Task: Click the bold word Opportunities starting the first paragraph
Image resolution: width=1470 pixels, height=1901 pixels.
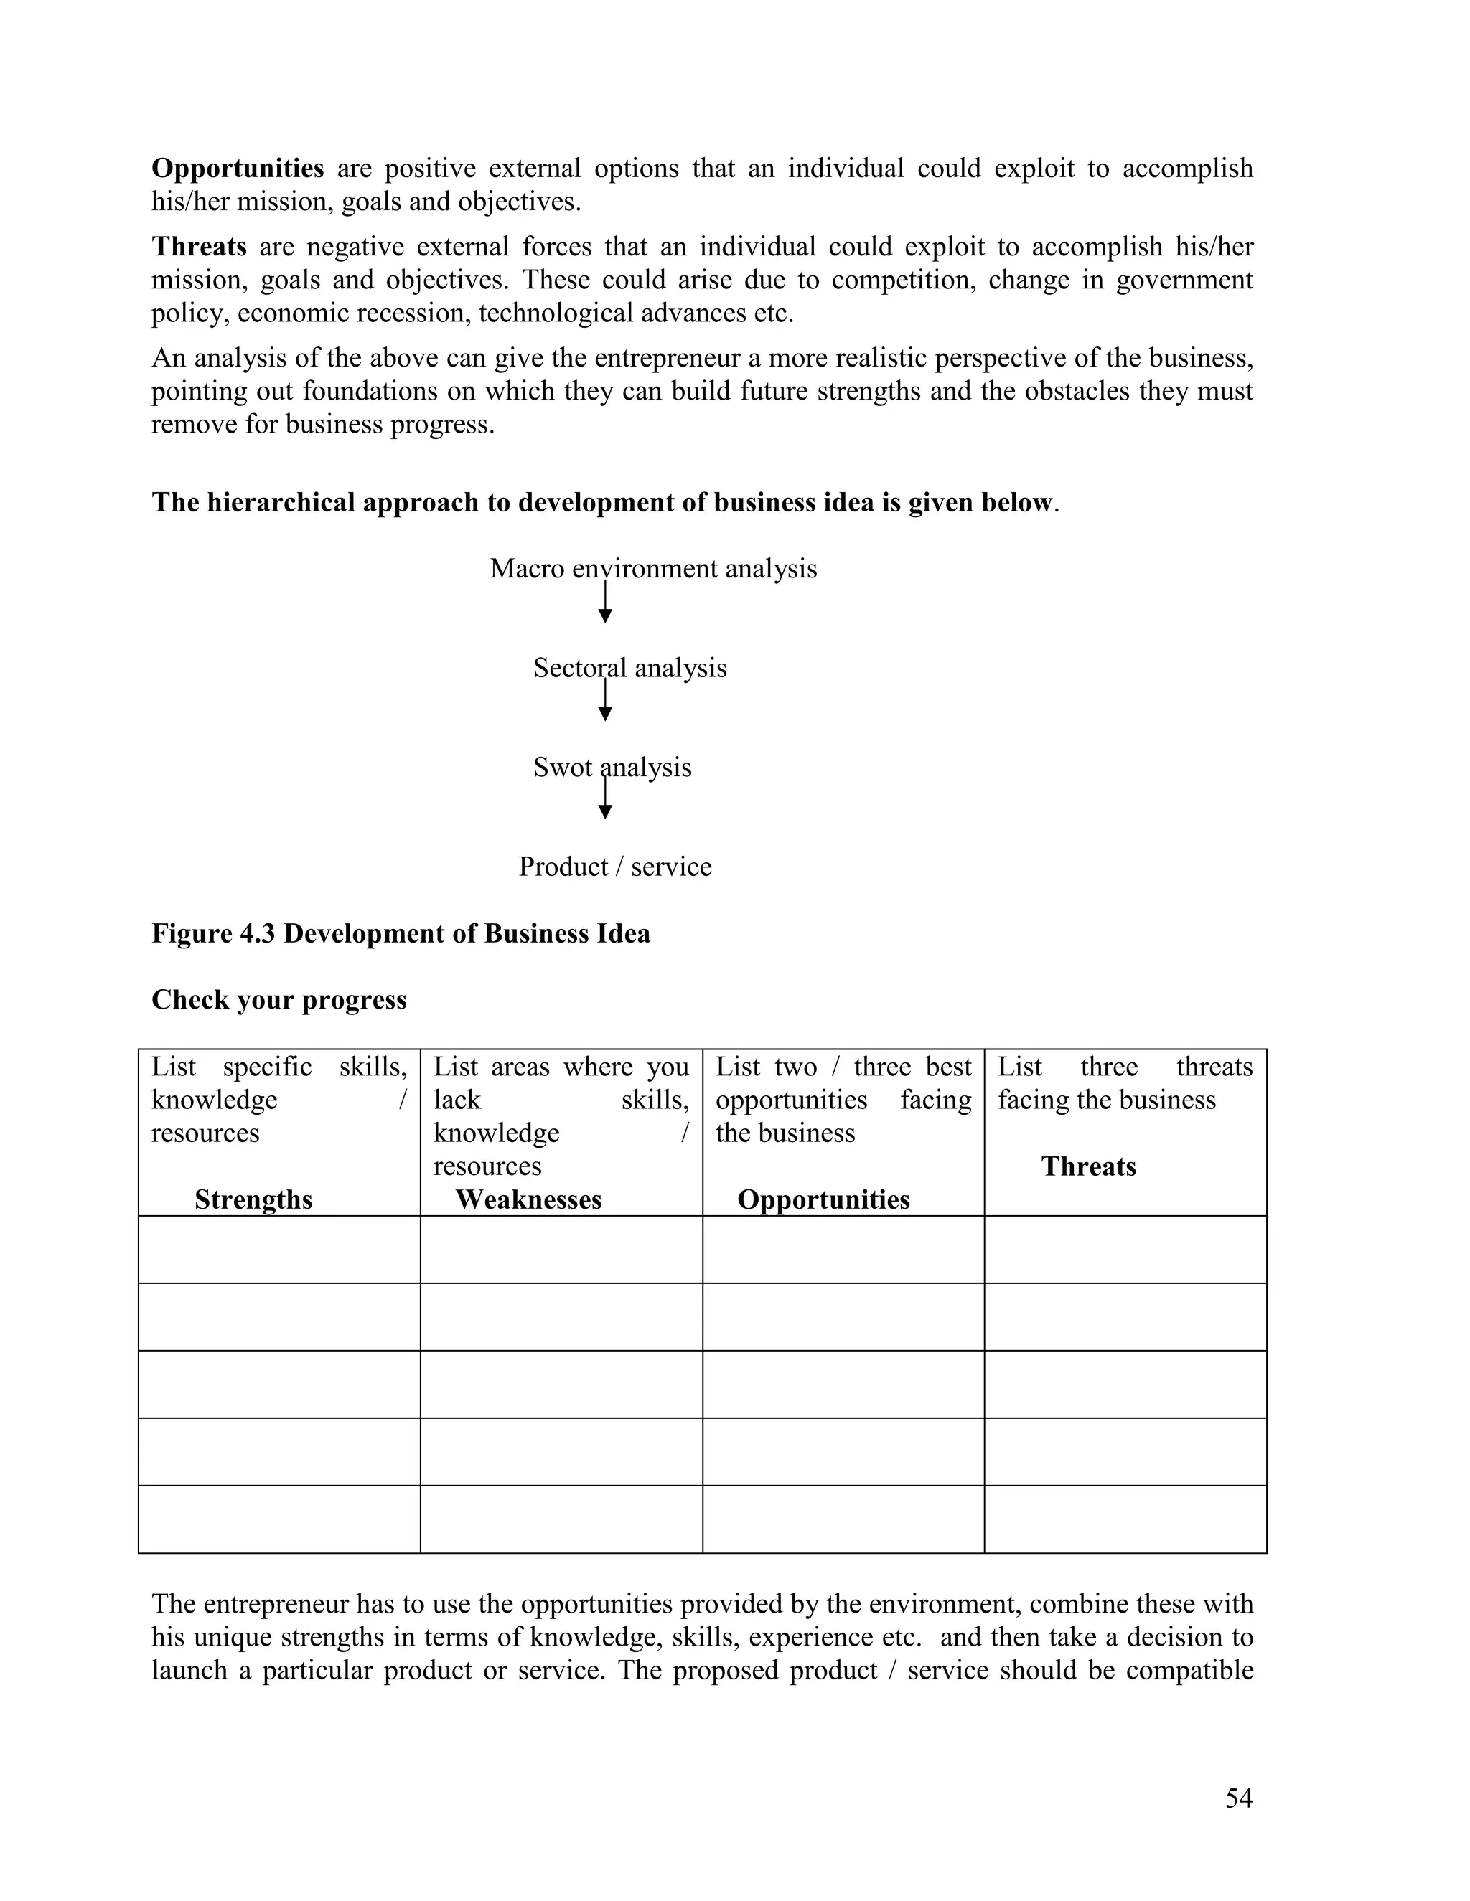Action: (x=238, y=168)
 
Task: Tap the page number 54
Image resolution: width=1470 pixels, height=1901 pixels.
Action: (x=1238, y=1798)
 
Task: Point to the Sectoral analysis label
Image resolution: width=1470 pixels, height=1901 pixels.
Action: (x=629, y=668)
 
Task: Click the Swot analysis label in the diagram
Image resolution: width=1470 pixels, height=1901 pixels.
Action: (x=612, y=767)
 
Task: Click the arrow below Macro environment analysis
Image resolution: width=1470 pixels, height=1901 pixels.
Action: (x=605, y=603)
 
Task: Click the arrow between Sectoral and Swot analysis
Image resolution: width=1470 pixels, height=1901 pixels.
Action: (x=605, y=702)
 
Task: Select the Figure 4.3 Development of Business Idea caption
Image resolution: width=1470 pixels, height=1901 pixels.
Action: (x=401, y=933)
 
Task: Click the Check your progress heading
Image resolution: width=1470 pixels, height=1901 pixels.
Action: (x=278, y=999)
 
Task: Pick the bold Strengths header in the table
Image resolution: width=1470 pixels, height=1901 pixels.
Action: (x=253, y=1199)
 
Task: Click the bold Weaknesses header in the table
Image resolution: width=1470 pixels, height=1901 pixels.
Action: (x=528, y=1199)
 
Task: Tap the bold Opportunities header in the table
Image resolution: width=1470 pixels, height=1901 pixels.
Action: (x=823, y=1199)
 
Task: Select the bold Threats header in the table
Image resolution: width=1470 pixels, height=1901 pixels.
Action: (x=1089, y=1166)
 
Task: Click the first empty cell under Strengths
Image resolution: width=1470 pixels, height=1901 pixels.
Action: (x=278, y=1249)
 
